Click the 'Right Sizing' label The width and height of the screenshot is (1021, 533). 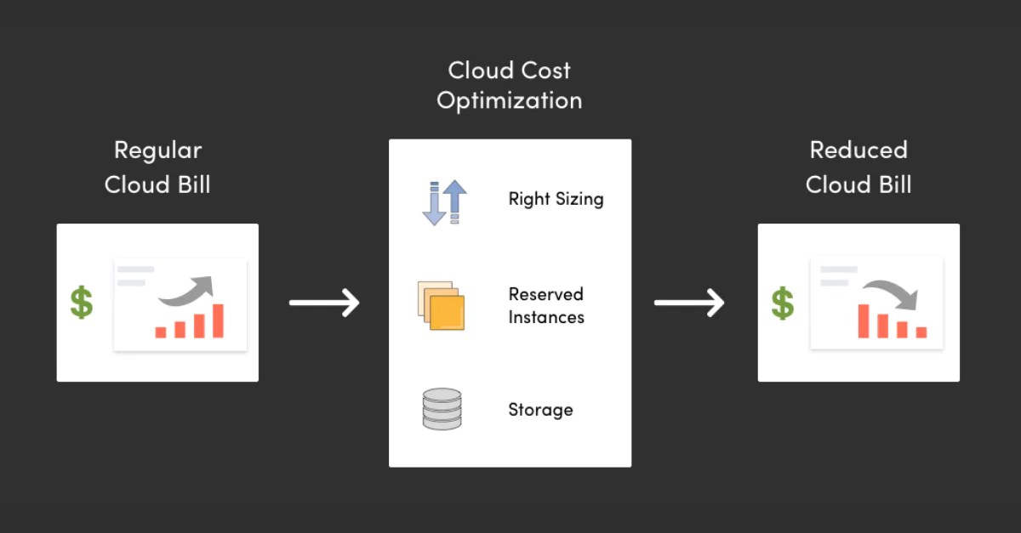pyautogui.click(x=556, y=199)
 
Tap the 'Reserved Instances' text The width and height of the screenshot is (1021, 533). pyautogui.click(x=546, y=306)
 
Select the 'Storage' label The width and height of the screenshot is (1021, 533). pyautogui.click(x=540, y=410)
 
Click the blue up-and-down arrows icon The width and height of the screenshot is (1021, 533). pyautogui.click(x=444, y=202)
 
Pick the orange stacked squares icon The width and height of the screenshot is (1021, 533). pyautogui.click(x=442, y=305)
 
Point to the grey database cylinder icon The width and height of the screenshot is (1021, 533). pyautogui.click(x=442, y=409)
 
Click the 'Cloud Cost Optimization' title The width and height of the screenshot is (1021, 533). pyautogui.click(x=509, y=85)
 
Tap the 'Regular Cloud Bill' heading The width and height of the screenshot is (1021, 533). pyautogui.click(x=157, y=167)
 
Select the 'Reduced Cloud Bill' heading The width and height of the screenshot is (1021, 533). pyautogui.click(x=858, y=167)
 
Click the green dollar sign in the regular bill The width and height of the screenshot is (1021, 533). pyautogui.click(x=82, y=303)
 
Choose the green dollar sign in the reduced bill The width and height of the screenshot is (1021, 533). pyautogui.click(x=783, y=303)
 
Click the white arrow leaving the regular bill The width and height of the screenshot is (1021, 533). pyautogui.click(x=324, y=302)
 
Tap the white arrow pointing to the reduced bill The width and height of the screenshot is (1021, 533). pyautogui.click(x=689, y=302)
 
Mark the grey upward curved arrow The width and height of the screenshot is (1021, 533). pyautogui.click(x=187, y=290)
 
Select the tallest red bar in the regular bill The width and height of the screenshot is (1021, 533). pyautogui.click(x=218, y=321)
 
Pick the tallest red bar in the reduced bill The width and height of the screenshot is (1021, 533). pyautogui.click(x=864, y=321)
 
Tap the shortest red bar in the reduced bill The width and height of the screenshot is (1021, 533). pyautogui.click(x=921, y=332)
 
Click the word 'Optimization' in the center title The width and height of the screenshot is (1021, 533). pyautogui.click(x=509, y=100)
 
